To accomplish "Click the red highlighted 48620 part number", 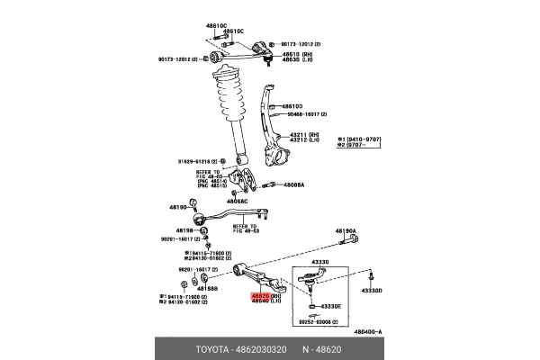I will tap(260, 295).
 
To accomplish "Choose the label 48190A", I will tap(346, 231).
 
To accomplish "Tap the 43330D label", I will tap(372, 291).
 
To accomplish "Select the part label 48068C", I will tap(237, 202).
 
